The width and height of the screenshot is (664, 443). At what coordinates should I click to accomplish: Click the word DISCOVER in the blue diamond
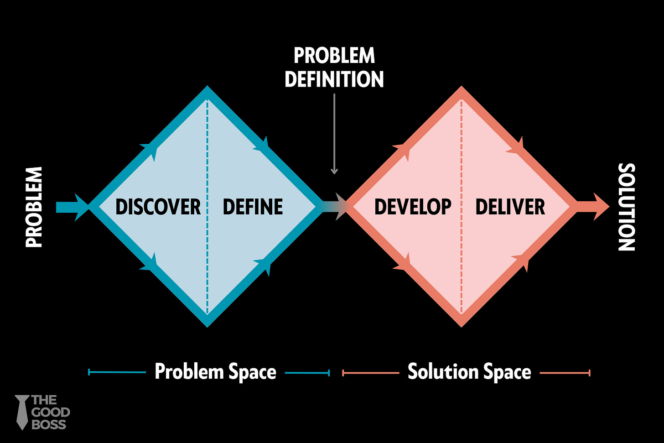158,207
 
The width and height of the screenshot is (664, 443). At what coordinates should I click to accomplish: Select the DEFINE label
253,207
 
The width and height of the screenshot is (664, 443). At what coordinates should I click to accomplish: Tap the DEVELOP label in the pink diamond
413,207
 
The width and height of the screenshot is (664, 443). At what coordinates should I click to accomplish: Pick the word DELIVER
510,207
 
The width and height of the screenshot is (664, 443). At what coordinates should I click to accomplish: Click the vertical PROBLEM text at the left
34,207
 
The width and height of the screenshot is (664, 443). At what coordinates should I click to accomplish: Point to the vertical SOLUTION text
627,207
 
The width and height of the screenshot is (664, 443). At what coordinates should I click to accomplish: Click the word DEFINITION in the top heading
334,79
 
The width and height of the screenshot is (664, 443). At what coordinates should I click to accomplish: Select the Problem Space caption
215,371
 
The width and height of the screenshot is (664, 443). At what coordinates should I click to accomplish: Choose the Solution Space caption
469,371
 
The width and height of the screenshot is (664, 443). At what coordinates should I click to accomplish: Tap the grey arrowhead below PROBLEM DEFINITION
334,171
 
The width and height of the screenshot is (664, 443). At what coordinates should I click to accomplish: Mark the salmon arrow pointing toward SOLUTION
593,207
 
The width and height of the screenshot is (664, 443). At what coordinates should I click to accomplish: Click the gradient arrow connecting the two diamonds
335,207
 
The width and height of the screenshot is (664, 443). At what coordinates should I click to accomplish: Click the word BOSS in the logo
49,424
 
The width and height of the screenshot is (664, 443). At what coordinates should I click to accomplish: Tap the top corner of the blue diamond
207,90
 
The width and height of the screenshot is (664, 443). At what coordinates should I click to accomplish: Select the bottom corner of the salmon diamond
462,323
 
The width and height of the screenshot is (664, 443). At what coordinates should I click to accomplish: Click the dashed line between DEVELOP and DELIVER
462,255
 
